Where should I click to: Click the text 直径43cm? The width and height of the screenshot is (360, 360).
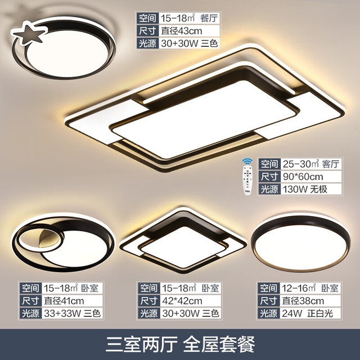coord(181,31)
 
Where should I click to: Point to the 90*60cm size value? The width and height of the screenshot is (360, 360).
coord(303,177)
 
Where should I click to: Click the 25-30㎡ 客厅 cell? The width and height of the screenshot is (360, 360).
coord(311,164)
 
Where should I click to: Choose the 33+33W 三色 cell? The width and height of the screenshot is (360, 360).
coord(72,313)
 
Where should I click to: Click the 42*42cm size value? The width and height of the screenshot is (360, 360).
coord(182,301)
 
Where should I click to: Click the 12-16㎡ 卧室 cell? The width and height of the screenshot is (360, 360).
coord(310,288)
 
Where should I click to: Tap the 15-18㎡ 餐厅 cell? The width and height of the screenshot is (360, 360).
coord(190,18)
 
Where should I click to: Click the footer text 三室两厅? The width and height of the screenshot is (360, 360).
coord(141,344)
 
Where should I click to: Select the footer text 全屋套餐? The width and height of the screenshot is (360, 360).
coord(219,344)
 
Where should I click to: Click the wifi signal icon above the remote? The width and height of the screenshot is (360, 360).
coord(247,161)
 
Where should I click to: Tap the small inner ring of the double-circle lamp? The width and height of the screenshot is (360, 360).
coord(19,241)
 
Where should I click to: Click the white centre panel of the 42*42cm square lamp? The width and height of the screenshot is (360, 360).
coord(184,246)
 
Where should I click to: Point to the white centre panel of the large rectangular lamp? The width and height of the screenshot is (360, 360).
coord(205,119)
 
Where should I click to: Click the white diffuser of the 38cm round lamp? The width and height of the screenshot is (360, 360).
coord(301,247)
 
